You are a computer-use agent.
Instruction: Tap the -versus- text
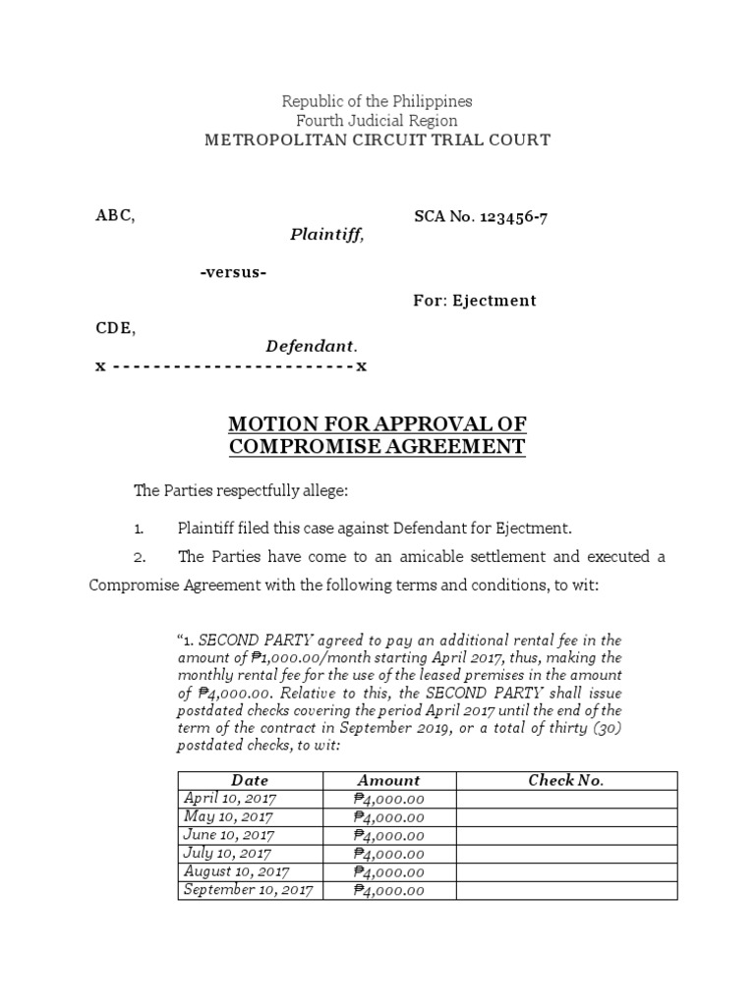232,271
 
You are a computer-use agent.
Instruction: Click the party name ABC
114,217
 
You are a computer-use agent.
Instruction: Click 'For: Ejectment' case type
474,301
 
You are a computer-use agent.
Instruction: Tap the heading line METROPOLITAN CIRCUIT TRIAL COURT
377,140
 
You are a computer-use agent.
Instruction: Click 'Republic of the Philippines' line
377,101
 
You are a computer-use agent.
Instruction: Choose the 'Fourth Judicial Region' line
377,121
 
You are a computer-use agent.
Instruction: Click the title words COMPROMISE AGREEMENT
377,447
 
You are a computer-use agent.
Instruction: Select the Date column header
250,780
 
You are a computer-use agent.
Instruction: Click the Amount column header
388,780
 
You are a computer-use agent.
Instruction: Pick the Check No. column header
565,780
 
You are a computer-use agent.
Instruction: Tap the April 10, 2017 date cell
230,798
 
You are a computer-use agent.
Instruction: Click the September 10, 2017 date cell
248,890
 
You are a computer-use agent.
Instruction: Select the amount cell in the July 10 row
388,854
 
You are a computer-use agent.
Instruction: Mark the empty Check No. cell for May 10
566,816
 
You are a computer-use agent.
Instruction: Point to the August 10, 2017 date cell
236,871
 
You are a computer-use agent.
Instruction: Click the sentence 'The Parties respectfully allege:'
240,490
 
